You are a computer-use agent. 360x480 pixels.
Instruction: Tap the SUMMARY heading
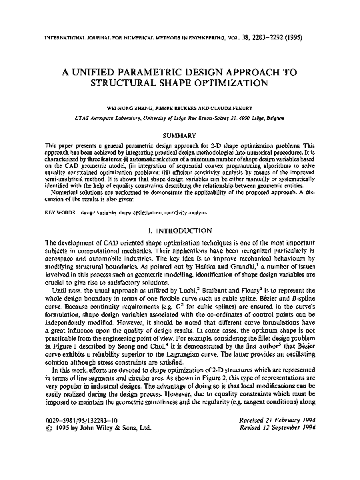pyautogui.click(x=180, y=134)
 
